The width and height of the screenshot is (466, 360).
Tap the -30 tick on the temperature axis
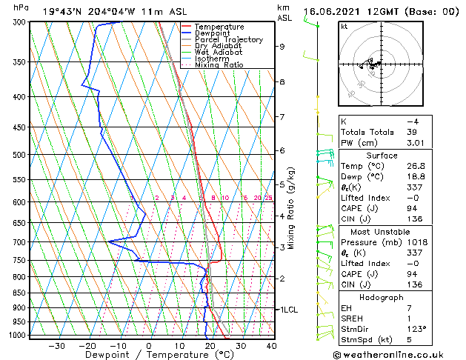pos(56,346)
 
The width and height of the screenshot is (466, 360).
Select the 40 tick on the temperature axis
pos(271,346)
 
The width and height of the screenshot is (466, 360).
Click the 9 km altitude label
pos(282,47)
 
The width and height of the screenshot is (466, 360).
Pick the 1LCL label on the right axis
pos(287,310)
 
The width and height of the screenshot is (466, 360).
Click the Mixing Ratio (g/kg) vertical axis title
pos(291,208)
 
